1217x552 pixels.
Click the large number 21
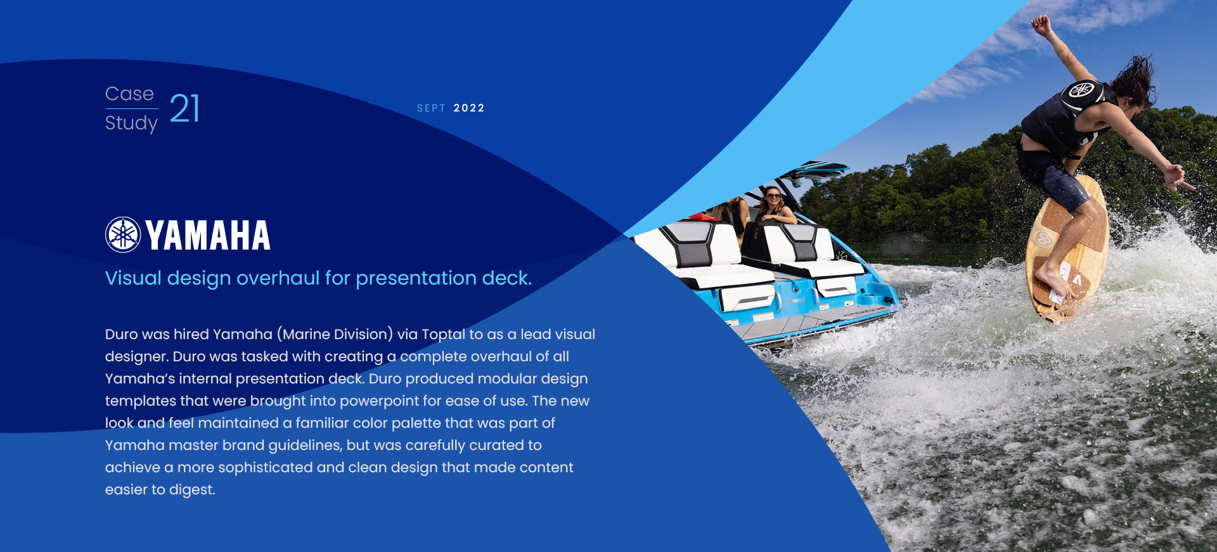tap(184, 108)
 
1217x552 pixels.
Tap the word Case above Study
tap(129, 94)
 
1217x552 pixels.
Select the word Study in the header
tap(131, 123)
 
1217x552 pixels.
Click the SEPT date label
tap(431, 108)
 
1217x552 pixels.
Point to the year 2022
tap(469, 108)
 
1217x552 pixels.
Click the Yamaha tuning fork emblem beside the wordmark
tap(123, 234)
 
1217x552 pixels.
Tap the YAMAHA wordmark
tap(208, 235)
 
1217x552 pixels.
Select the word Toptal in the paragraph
tap(443, 335)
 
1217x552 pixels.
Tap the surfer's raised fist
tap(1040, 24)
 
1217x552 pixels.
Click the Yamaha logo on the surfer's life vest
tap(1082, 89)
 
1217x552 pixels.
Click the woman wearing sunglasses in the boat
tap(773, 206)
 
